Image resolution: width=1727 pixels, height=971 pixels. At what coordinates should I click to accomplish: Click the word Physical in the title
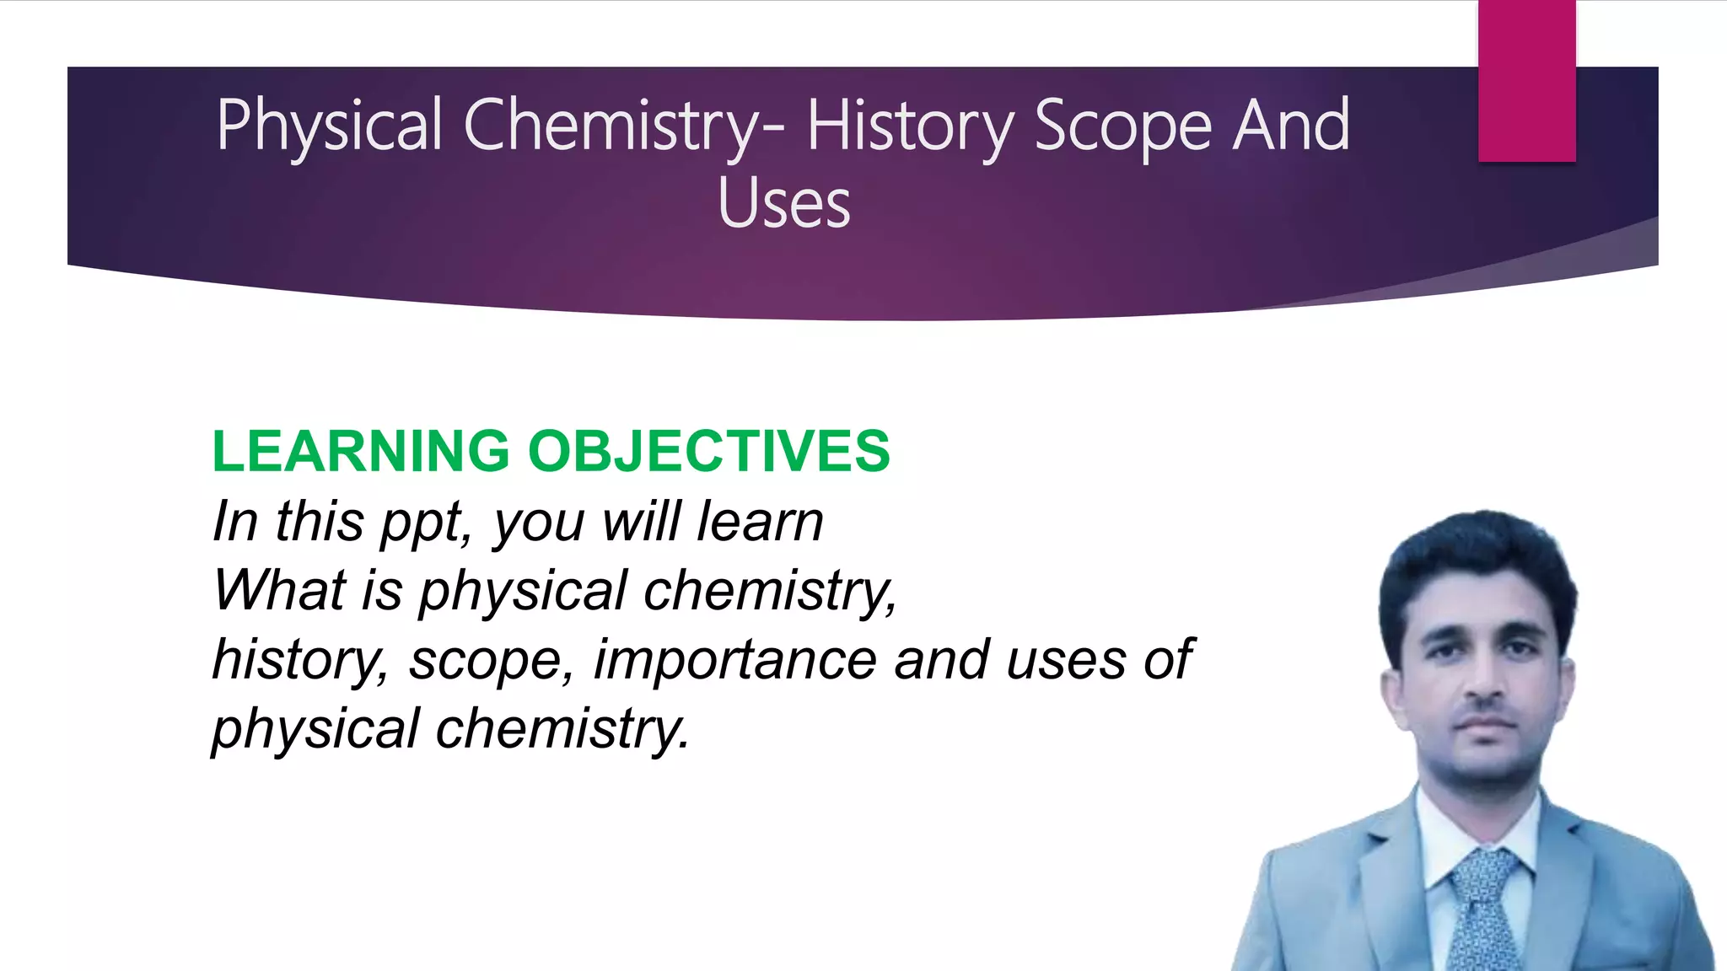click(329, 126)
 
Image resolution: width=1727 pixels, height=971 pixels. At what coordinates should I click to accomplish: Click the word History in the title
click(909, 126)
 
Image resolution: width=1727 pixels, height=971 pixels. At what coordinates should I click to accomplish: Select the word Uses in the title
click(784, 204)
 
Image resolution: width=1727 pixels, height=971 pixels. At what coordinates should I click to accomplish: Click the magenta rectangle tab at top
click(1526, 81)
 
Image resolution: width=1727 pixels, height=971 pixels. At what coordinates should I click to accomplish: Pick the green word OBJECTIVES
click(708, 451)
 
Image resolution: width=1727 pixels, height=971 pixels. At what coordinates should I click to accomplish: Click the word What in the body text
click(279, 590)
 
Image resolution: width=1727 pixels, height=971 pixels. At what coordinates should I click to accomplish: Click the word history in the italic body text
click(299, 659)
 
